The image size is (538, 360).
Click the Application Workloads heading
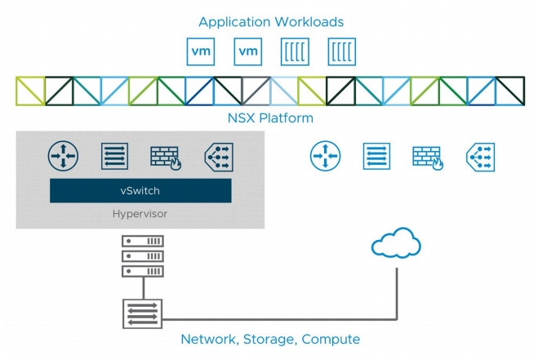[x=271, y=22]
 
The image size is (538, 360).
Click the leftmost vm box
[x=201, y=51]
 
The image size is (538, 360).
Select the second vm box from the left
[x=248, y=51]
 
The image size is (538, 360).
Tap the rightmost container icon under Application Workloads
[x=342, y=51]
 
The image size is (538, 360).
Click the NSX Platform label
[x=270, y=118]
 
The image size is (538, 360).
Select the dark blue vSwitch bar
[x=140, y=190]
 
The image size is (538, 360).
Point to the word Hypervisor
[x=140, y=214]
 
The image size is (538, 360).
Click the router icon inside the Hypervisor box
[x=63, y=156]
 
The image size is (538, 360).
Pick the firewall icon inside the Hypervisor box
[x=166, y=158]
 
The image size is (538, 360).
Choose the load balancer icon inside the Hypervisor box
[x=219, y=158]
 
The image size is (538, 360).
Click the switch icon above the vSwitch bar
[x=114, y=156]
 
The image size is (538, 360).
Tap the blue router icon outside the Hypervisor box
[x=325, y=156]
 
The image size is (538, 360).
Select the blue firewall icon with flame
[x=428, y=158]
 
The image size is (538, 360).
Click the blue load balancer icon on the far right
[x=481, y=158]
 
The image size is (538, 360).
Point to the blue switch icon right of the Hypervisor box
[x=376, y=156]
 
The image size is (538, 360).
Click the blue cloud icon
[x=396, y=242]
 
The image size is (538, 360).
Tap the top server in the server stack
[x=143, y=241]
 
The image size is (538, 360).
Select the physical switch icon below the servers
[x=142, y=313]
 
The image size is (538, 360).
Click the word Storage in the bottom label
[x=269, y=340]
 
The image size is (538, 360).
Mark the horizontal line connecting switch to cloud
[x=280, y=319]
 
